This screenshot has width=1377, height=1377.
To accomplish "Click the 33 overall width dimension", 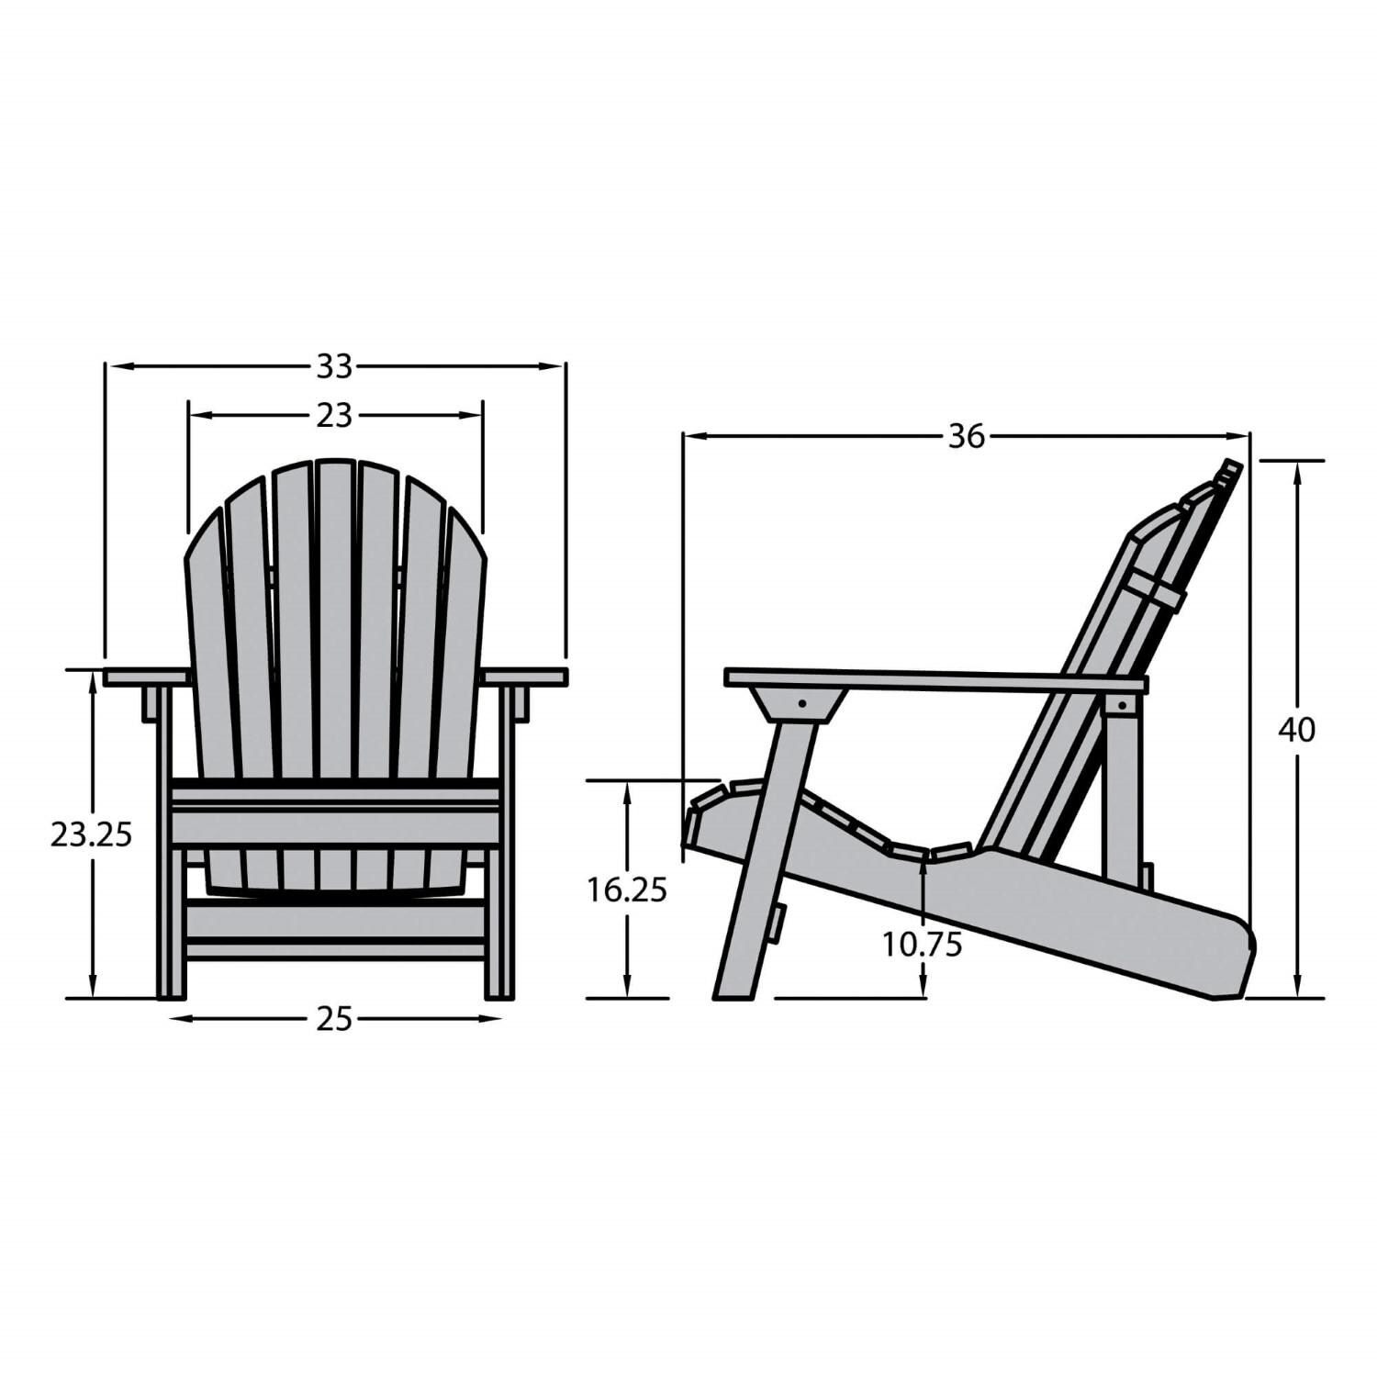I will (334, 367).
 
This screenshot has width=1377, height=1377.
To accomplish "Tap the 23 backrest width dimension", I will (334, 416).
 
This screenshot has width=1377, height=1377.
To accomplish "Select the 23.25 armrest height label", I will (91, 834).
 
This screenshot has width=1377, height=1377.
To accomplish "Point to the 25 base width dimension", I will (334, 1018).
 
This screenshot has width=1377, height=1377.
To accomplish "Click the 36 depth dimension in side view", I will (966, 437).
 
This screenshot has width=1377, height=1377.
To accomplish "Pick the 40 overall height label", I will (1296, 731).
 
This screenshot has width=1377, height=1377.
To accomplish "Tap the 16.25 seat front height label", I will (627, 890).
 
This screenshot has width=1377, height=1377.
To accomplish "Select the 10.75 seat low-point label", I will (922, 944).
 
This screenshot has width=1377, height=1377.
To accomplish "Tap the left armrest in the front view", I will (147, 677).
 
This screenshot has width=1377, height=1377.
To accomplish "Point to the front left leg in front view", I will (171, 918).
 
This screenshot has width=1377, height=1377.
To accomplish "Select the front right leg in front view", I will (498, 918).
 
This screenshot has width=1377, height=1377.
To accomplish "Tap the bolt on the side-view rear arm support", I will (1121, 705).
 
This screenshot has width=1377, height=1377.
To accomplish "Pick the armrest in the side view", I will (936, 680).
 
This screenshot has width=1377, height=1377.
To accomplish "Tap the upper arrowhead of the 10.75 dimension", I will (922, 859).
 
